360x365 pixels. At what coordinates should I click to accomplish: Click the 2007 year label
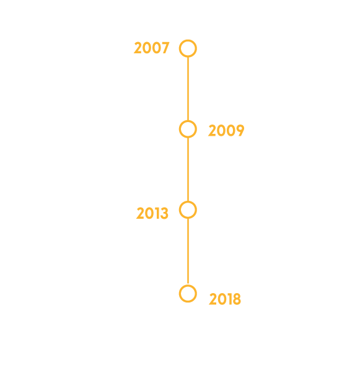click(151, 48)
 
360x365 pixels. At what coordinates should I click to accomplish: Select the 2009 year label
click(226, 130)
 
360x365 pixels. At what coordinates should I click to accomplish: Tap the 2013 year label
click(152, 213)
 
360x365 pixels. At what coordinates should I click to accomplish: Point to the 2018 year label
click(225, 299)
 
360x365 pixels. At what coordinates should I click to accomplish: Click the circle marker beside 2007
click(188, 40)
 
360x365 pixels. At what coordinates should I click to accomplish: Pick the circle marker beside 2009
click(188, 120)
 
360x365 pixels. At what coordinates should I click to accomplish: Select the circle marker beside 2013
click(188, 201)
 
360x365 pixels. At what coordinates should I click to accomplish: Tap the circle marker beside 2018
click(188, 285)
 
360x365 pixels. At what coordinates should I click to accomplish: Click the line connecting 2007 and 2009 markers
click(188, 89)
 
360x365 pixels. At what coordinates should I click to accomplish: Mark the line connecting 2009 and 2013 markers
click(188, 169)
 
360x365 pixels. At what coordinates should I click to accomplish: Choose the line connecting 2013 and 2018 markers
click(188, 251)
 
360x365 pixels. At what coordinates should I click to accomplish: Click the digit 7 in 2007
click(165, 48)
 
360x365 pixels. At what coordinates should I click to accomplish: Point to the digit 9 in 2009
click(240, 130)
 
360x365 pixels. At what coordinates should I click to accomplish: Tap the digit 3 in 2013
click(164, 213)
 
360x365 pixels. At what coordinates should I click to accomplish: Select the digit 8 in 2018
click(237, 299)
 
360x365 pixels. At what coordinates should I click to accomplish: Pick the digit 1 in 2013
click(157, 213)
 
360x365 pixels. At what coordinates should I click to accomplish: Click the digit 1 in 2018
click(230, 299)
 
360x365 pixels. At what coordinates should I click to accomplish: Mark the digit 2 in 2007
click(138, 48)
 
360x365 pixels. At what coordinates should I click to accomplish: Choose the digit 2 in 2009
click(213, 130)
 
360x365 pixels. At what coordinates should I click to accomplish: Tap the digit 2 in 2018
click(213, 299)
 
